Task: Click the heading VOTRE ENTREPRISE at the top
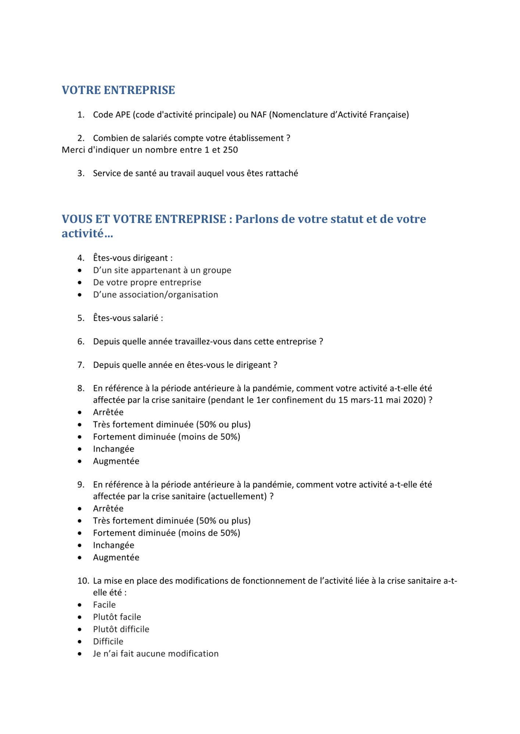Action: [118, 90]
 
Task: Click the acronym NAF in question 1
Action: [258, 115]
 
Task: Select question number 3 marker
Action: [81, 174]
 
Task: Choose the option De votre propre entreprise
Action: [147, 283]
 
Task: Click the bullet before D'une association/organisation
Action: [80, 295]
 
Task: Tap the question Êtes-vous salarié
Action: [128, 318]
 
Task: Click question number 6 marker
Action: [81, 342]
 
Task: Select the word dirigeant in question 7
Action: [253, 365]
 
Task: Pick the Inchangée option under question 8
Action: [114, 449]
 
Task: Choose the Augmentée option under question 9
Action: [116, 557]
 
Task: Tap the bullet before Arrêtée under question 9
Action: [80, 509]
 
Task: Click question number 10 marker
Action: [83, 581]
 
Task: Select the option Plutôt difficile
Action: [121, 629]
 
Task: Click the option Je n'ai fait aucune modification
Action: [155, 654]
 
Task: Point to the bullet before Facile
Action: [80, 605]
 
